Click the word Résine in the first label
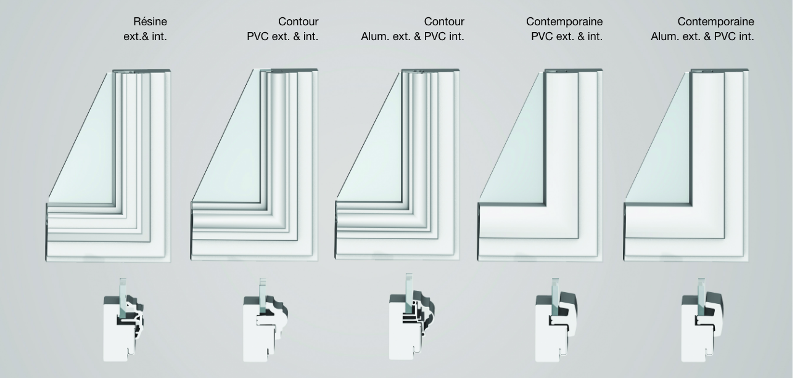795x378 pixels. pos(150,22)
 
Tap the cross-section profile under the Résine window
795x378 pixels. pos(124,320)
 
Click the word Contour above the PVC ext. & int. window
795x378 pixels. pos(298,22)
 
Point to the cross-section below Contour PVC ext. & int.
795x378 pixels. pos(265,320)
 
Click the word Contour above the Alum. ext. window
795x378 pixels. pos(444,22)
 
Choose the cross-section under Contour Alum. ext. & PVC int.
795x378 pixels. pos(412,317)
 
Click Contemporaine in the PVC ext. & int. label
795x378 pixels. pos(564,22)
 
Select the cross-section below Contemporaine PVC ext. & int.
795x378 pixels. pos(556,320)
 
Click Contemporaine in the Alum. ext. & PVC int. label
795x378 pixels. pos(716,22)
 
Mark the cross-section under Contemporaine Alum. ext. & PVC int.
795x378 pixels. pos(702,320)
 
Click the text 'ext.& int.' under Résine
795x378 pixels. pos(145,36)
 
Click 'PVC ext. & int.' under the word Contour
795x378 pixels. pos(282,36)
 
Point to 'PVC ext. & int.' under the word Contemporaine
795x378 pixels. pos(567,36)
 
